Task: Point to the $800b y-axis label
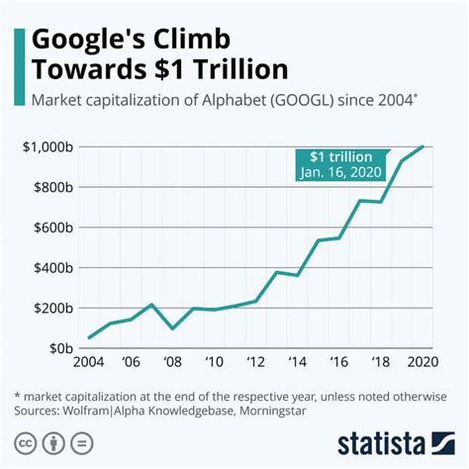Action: click(x=49, y=188)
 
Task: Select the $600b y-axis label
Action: click(x=49, y=228)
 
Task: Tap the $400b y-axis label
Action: click(x=49, y=268)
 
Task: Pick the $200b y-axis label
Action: click(x=49, y=308)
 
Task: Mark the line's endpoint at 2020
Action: click(x=423, y=146)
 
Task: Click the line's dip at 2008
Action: click(x=173, y=328)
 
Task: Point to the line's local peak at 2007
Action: click(x=151, y=305)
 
